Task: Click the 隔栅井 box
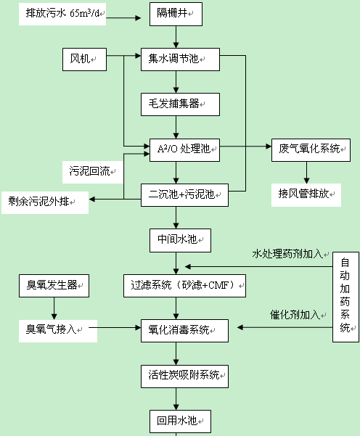click(x=176, y=13)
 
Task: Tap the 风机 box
click(x=84, y=57)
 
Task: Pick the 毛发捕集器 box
click(x=179, y=104)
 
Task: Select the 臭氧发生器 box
click(x=54, y=285)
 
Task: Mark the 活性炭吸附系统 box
click(x=184, y=374)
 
